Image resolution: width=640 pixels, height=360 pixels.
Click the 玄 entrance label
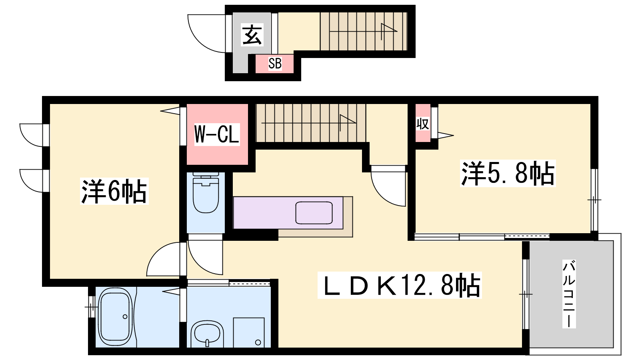[x=252, y=35]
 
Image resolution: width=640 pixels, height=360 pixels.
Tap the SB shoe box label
[x=275, y=64]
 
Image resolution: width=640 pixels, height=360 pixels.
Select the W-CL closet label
[x=216, y=134]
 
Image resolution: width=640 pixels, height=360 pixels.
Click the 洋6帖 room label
[x=114, y=191]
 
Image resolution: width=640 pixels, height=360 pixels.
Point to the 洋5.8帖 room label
[x=508, y=173]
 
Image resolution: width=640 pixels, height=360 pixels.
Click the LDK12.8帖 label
[x=400, y=285]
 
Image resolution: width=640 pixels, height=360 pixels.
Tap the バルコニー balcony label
[x=569, y=294]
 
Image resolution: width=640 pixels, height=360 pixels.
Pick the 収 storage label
[x=422, y=124]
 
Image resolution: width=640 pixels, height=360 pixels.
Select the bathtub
[x=116, y=317]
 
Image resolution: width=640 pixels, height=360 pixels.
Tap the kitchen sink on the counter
[x=314, y=212]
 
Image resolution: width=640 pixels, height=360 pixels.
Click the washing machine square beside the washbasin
[x=248, y=332]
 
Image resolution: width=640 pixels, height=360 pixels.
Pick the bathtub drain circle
[x=125, y=316]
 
